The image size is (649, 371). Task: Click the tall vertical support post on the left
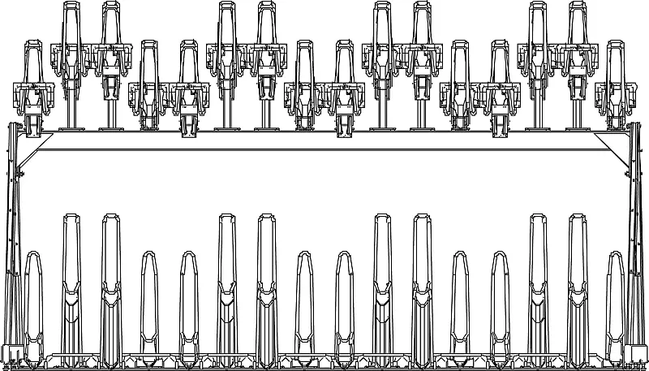click(x=11, y=244)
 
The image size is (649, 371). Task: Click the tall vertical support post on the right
click(x=637, y=244)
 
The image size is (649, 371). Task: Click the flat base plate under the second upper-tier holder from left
click(x=71, y=128)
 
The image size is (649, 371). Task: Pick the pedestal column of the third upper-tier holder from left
click(x=110, y=106)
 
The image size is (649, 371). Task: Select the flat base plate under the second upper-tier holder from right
click(x=577, y=128)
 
